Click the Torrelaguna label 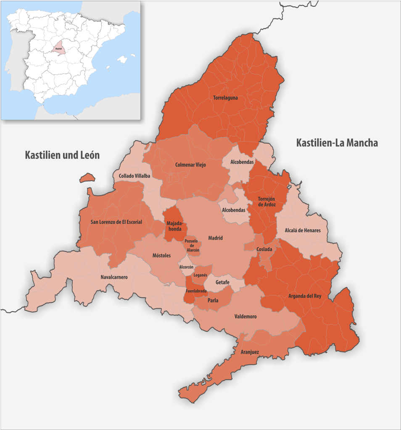[225, 98]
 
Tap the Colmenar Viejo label [190, 165]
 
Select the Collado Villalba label [135, 176]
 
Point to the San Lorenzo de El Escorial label [116, 222]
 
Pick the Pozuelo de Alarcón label [192, 246]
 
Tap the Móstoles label [161, 255]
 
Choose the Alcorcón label [186, 267]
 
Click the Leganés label [200, 275]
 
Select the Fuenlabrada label [196, 291]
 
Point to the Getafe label [222, 282]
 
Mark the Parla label [213, 300]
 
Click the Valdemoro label [245, 317]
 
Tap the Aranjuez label [250, 352]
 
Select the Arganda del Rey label [305, 296]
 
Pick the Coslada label [264, 249]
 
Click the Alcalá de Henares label [303, 230]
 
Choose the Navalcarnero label [114, 277]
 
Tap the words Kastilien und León [62, 155]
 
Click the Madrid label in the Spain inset [58, 49]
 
